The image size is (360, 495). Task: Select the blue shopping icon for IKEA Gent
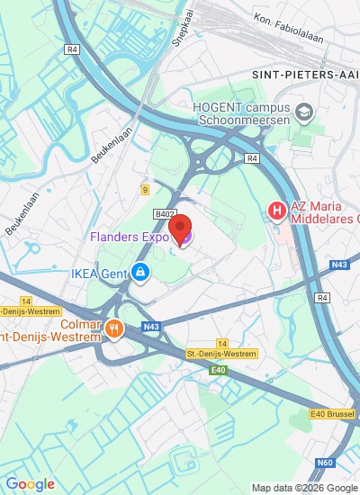click(139, 271)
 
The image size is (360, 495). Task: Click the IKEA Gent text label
click(98, 271)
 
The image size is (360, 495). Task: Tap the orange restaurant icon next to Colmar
click(112, 328)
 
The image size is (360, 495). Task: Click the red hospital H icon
click(277, 211)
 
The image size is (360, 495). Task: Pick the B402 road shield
click(164, 214)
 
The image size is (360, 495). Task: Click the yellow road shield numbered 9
click(144, 189)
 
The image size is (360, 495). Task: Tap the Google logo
click(30, 484)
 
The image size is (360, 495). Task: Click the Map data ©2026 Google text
click(304, 488)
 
